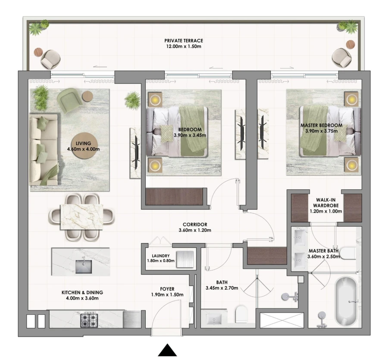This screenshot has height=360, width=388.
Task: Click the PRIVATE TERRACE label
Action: [183, 41]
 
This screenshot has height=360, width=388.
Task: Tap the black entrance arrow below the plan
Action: [167, 350]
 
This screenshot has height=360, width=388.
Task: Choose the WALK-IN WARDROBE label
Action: [326, 202]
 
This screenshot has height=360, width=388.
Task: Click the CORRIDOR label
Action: [195, 225]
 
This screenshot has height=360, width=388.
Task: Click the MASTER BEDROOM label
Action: [321, 125]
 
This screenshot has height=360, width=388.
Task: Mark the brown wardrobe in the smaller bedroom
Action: [174, 196]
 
